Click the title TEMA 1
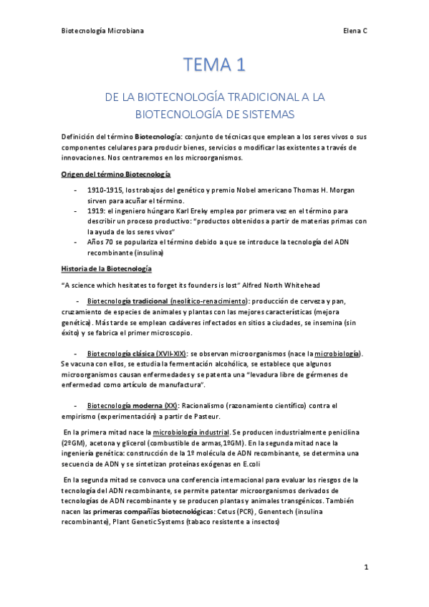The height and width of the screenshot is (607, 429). (x=214, y=65)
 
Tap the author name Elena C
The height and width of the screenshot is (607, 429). (x=355, y=31)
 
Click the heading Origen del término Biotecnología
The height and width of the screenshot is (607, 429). (x=115, y=174)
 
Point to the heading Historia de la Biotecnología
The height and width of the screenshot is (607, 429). (x=106, y=268)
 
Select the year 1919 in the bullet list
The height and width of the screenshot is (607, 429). (x=97, y=212)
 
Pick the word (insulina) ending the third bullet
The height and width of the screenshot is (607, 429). (x=146, y=253)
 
